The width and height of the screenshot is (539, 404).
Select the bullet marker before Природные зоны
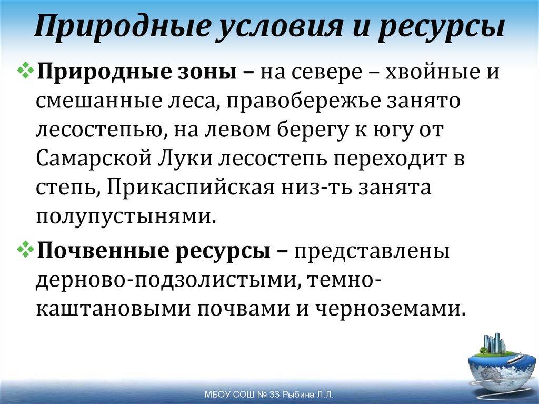coord(27,71)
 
